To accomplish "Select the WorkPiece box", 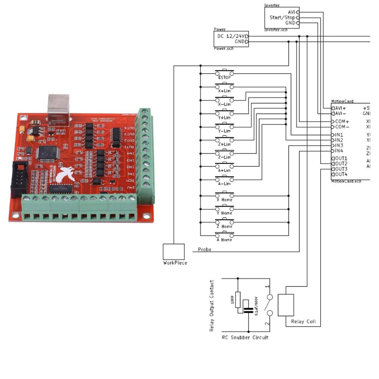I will point(173,252).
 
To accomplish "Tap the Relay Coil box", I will point(286,305).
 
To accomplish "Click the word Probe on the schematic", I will point(205,249).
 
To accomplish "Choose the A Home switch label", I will point(225,240).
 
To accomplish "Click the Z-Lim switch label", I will point(225,157).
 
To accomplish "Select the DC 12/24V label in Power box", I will point(232,36).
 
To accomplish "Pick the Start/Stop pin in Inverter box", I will point(282,17).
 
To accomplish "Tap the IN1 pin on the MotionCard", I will point(338,135).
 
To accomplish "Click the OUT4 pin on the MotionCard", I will point(340,174).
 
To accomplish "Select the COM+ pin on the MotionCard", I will point(342,121).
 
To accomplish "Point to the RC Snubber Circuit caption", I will point(245,337).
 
